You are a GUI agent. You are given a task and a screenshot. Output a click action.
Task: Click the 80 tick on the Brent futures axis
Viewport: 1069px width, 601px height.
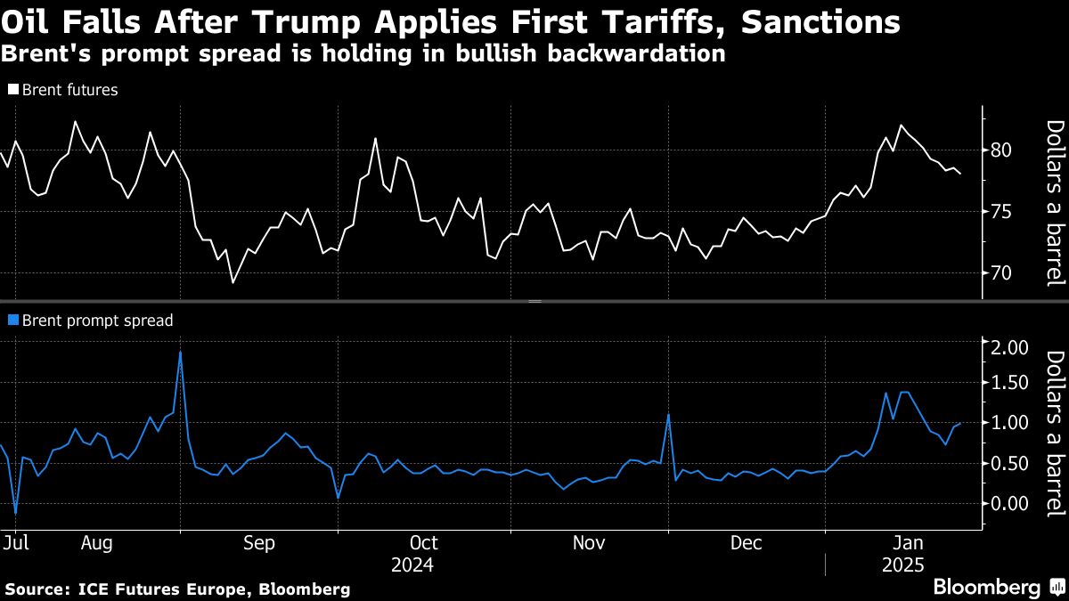[x=1006, y=150]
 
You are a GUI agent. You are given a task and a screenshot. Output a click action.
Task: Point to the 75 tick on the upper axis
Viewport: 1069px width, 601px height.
[x=1006, y=211]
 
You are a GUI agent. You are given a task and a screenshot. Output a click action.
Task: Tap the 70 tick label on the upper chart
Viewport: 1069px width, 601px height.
[x=1006, y=272]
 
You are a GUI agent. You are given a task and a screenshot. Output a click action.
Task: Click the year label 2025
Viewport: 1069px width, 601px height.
[x=902, y=564]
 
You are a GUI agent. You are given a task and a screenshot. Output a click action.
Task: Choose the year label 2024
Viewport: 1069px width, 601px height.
[x=412, y=564]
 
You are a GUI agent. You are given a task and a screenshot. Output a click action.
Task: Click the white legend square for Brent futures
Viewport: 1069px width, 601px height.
[x=13, y=90]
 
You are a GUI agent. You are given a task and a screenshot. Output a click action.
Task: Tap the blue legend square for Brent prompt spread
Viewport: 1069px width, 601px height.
[x=13, y=321]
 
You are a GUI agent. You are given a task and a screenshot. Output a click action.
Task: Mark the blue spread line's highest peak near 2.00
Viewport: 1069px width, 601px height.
[x=181, y=352]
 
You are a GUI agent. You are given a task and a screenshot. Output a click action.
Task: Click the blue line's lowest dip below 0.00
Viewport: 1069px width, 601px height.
[x=16, y=514]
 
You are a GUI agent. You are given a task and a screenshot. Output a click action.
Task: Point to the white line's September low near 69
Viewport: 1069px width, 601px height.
[x=233, y=282]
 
